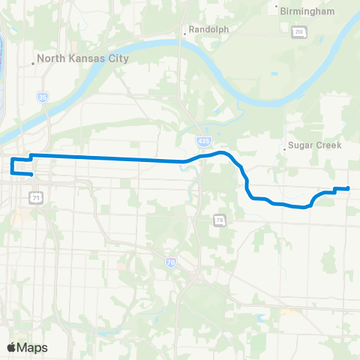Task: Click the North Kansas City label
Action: point(84,58)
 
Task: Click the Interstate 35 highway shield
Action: point(43,97)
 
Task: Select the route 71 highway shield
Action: point(36,197)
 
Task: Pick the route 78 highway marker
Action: point(218,220)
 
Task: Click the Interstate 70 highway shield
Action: point(171,262)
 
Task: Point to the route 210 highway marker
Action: point(298,31)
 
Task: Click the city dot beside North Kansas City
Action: point(34,63)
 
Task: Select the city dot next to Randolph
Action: point(184,34)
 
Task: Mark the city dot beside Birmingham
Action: point(274,11)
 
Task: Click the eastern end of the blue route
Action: point(348,188)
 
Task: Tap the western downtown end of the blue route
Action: point(31,175)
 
